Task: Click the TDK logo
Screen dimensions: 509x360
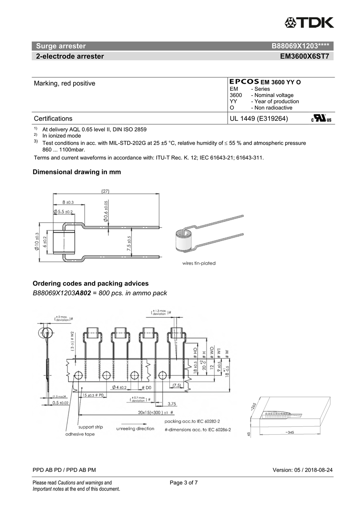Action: coord(309,23)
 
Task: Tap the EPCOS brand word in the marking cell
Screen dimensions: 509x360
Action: coord(244,82)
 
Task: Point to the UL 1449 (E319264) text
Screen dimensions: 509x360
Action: coord(259,118)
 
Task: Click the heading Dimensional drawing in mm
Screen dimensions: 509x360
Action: coord(76,172)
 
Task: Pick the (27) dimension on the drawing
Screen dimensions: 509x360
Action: coord(106,191)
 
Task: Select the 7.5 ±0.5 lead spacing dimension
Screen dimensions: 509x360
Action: coord(129,244)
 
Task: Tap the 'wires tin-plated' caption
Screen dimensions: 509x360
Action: coord(199,263)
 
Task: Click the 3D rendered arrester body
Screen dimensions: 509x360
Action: coord(185,242)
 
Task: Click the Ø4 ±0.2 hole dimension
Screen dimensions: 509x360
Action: coord(119,387)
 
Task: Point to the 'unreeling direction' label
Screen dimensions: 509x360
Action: coord(135,429)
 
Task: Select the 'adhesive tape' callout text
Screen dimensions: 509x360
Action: coord(80,434)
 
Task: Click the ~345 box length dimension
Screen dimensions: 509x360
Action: coord(290,433)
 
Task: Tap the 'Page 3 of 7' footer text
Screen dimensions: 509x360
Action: coord(184,483)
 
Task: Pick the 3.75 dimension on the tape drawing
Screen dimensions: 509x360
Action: coord(172,403)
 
